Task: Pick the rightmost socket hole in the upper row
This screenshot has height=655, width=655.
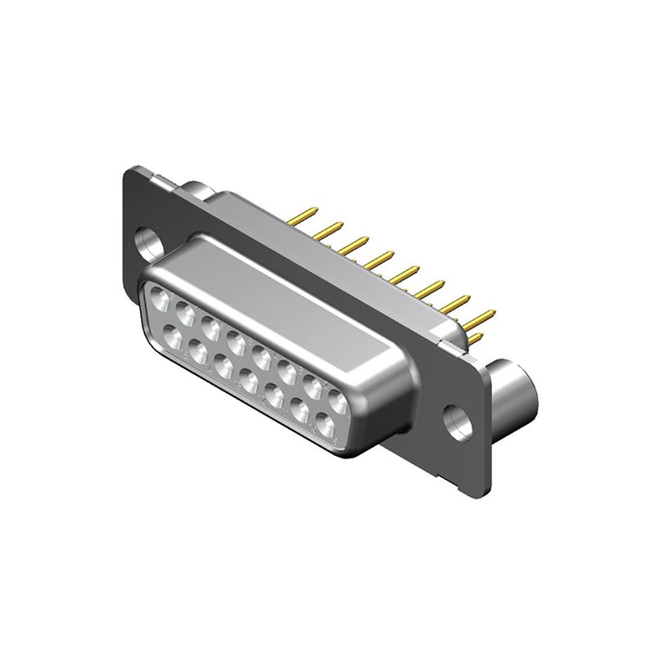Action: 337,400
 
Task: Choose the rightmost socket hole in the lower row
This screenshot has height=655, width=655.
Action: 325,423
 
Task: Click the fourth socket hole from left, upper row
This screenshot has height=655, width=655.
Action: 236,342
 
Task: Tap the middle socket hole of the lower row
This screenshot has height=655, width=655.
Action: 249,379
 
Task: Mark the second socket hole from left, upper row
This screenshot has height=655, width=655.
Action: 184,313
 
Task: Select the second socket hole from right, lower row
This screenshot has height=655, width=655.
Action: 300,409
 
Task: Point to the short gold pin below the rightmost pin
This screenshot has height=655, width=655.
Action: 475,336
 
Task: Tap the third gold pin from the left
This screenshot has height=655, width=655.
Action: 355,243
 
